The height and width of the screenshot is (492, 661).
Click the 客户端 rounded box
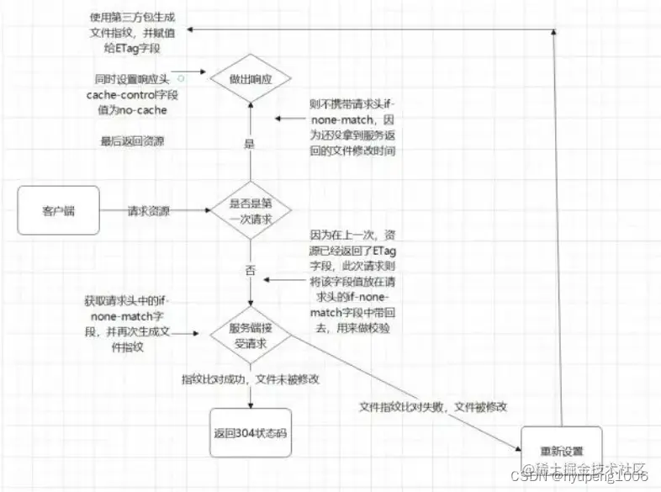coord(57,211)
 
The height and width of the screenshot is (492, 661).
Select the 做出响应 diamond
coord(249,79)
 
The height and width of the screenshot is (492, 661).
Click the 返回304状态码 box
coord(249,432)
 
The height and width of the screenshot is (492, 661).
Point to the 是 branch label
coord(249,144)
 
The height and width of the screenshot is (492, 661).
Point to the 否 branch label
coord(249,271)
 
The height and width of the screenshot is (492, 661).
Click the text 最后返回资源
coord(132,141)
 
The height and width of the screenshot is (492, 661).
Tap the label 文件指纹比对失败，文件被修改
coord(433,407)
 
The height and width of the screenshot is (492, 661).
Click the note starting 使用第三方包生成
coord(135,31)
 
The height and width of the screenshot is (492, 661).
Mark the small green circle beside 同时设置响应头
coord(179,77)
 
